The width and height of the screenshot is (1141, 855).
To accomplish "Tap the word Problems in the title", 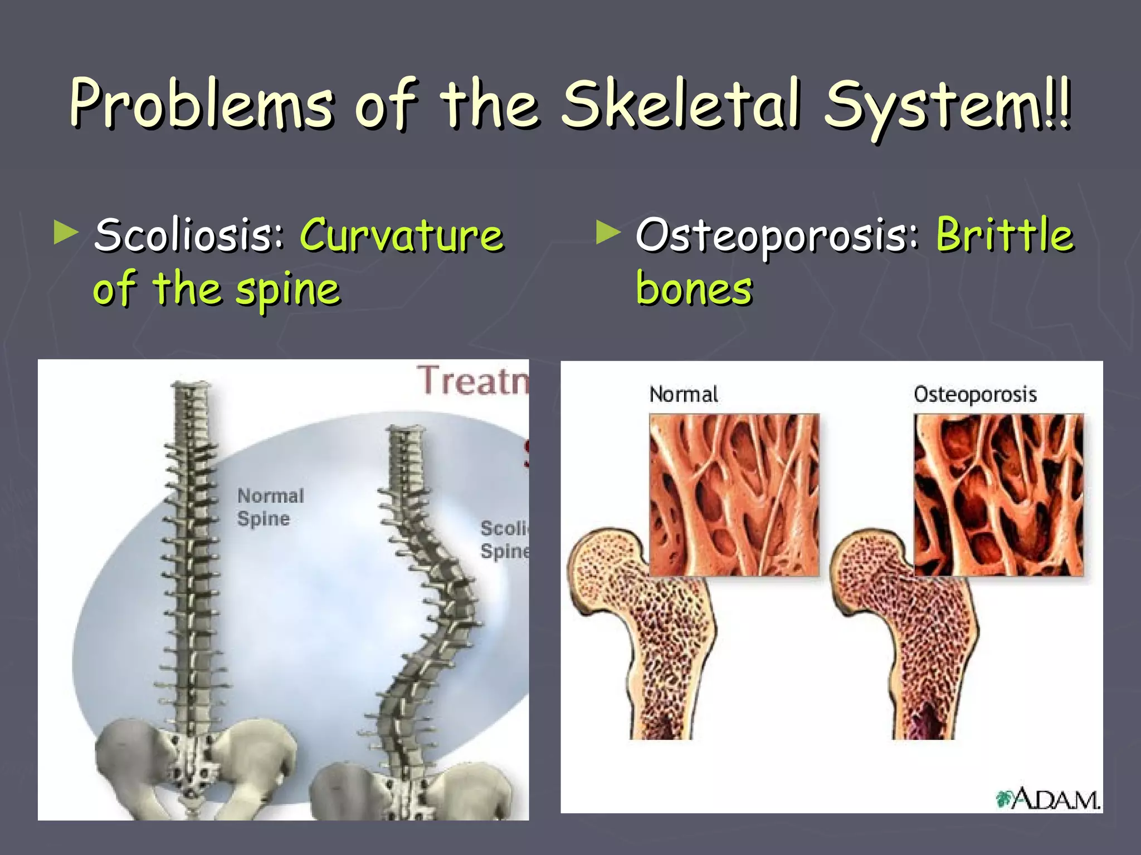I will coord(202,104).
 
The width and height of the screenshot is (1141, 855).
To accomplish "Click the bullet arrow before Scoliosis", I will coord(66,233).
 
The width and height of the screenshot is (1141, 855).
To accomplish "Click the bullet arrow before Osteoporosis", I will coord(607,233).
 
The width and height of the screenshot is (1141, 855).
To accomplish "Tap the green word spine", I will coord(287,290).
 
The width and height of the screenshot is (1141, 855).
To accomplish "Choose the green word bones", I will coord(694,288).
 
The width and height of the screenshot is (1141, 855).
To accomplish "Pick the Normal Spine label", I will coord(270,507).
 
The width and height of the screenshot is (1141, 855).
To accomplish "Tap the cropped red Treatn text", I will coord(472,380).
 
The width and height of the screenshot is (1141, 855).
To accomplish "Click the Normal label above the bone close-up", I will coord(684,394).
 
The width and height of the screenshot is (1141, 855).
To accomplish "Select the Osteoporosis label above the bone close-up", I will coord(975,394).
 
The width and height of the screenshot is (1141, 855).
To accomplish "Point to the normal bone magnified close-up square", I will coord(734,494).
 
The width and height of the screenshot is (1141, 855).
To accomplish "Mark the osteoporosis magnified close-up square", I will coord(998,494).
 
